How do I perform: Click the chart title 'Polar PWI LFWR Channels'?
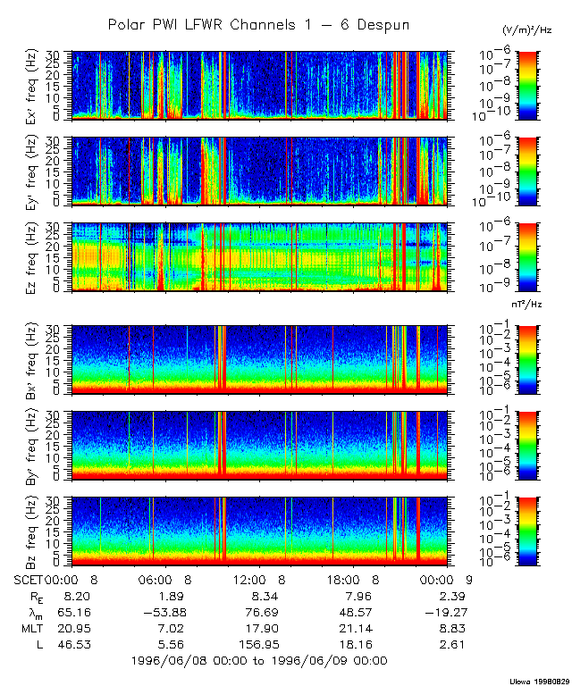click(x=258, y=25)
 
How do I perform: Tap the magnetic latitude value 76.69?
click(x=265, y=612)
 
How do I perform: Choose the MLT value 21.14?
click(x=357, y=628)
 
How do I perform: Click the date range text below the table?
click(x=258, y=661)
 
